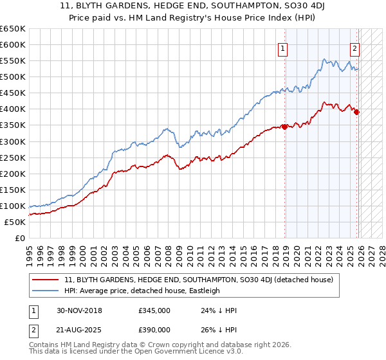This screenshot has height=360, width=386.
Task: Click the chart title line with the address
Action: [x=193, y=6]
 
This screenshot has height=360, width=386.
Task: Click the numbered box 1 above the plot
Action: [x=283, y=47]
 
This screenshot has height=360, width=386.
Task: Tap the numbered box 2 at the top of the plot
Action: [x=354, y=47]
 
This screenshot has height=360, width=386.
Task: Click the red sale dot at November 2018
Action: [x=284, y=127]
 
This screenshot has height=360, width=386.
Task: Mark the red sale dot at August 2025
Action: [x=357, y=112]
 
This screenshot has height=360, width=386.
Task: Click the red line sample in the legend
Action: [x=46, y=280]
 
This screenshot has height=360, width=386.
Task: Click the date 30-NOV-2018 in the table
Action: [x=79, y=310]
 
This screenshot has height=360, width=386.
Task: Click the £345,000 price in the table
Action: [x=154, y=310]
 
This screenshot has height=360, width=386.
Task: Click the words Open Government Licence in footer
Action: [x=185, y=353]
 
